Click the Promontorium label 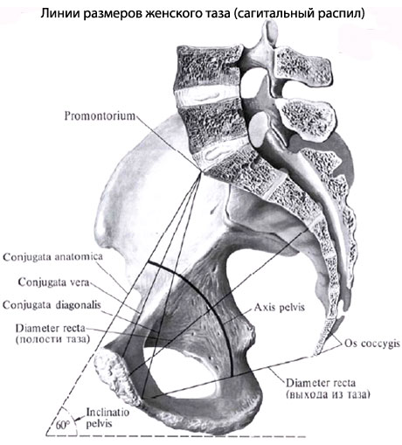[x=100, y=116]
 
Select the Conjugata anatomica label [x=52, y=257]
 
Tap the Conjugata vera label [x=53, y=282]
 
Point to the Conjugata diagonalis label [x=52, y=305]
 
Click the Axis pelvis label [x=280, y=308]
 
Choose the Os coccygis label [x=372, y=344]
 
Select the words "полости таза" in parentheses [x=52, y=339]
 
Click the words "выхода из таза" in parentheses [x=328, y=395]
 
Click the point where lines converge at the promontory [x=201, y=172]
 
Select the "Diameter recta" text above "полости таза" [x=51, y=329]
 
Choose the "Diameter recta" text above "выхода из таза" [x=321, y=383]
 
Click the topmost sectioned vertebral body [x=208, y=66]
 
